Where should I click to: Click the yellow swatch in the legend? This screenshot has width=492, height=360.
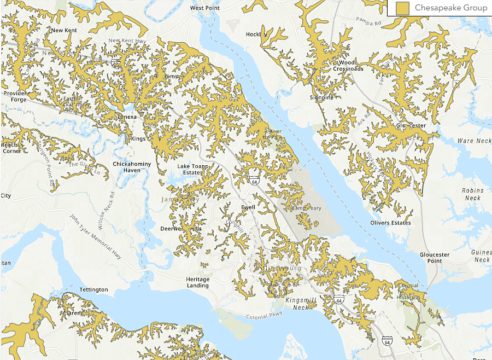coord(403,8)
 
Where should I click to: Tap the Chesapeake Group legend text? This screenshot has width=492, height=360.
coord(450,8)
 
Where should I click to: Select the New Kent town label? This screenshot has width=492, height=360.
coord(64,31)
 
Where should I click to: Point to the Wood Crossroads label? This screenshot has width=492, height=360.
coord(348,66)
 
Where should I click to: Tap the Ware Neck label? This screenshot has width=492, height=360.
coord(474,141)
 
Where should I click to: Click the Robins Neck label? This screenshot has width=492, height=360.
coord(472,194)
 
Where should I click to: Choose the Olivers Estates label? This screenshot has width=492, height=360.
coord(390,223)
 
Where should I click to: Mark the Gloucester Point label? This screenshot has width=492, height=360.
coord(435,258)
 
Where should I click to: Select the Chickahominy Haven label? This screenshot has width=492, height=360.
coord(126,167)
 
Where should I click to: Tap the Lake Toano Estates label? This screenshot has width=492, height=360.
coord(189,169)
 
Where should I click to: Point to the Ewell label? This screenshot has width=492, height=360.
coord(249,207)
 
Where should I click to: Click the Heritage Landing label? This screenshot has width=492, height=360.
coord(197,282)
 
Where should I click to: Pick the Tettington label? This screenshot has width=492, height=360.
coord(93,289)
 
